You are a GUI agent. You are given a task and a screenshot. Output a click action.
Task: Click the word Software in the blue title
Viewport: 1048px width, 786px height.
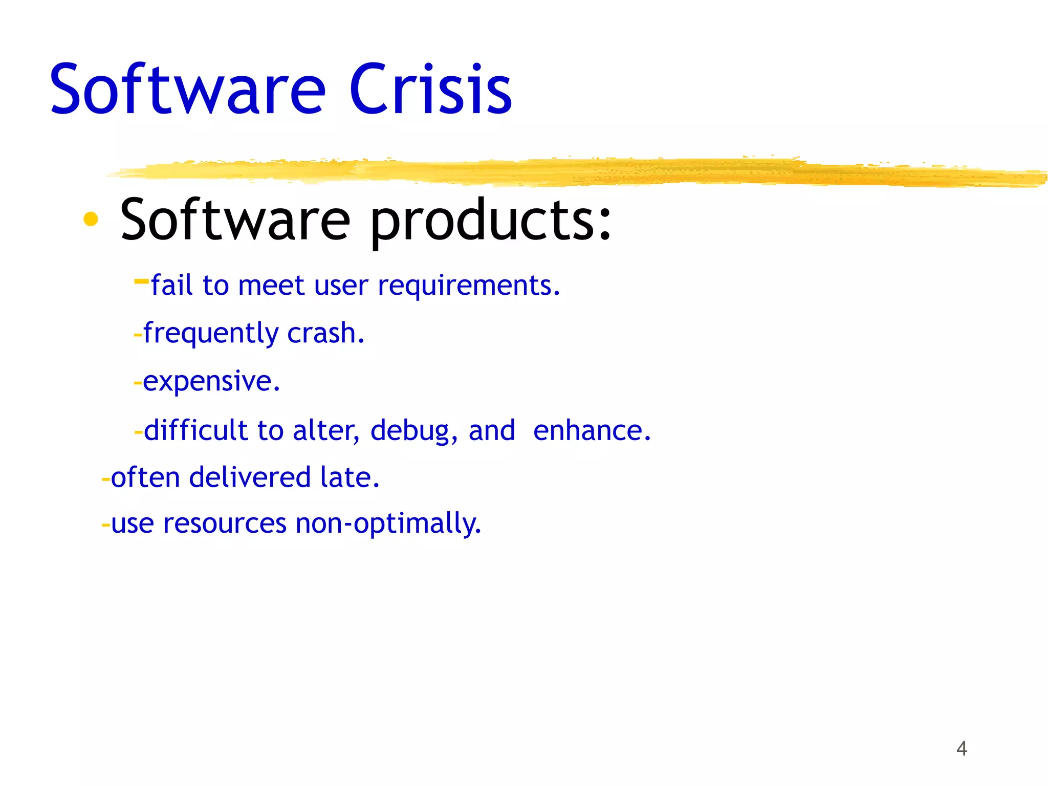187,90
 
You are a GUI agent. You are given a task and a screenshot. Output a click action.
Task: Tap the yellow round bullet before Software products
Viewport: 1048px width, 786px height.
91,219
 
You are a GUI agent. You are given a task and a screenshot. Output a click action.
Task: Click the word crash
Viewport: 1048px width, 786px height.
325,333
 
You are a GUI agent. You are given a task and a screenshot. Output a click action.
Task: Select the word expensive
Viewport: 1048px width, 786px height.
211,382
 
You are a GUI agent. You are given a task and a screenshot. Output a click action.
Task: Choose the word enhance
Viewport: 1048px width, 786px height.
592,430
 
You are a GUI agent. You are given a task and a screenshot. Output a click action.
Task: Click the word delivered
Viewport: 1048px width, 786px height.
250,477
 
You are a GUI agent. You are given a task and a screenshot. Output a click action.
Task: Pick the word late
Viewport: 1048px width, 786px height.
350,477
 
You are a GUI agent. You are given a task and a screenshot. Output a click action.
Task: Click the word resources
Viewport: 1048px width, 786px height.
225,523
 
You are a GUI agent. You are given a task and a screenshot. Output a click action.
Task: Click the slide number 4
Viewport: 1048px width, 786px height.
962,749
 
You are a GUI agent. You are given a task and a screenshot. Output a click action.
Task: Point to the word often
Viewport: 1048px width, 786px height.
145,477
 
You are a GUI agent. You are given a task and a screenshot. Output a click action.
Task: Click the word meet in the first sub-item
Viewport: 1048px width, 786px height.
271,286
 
